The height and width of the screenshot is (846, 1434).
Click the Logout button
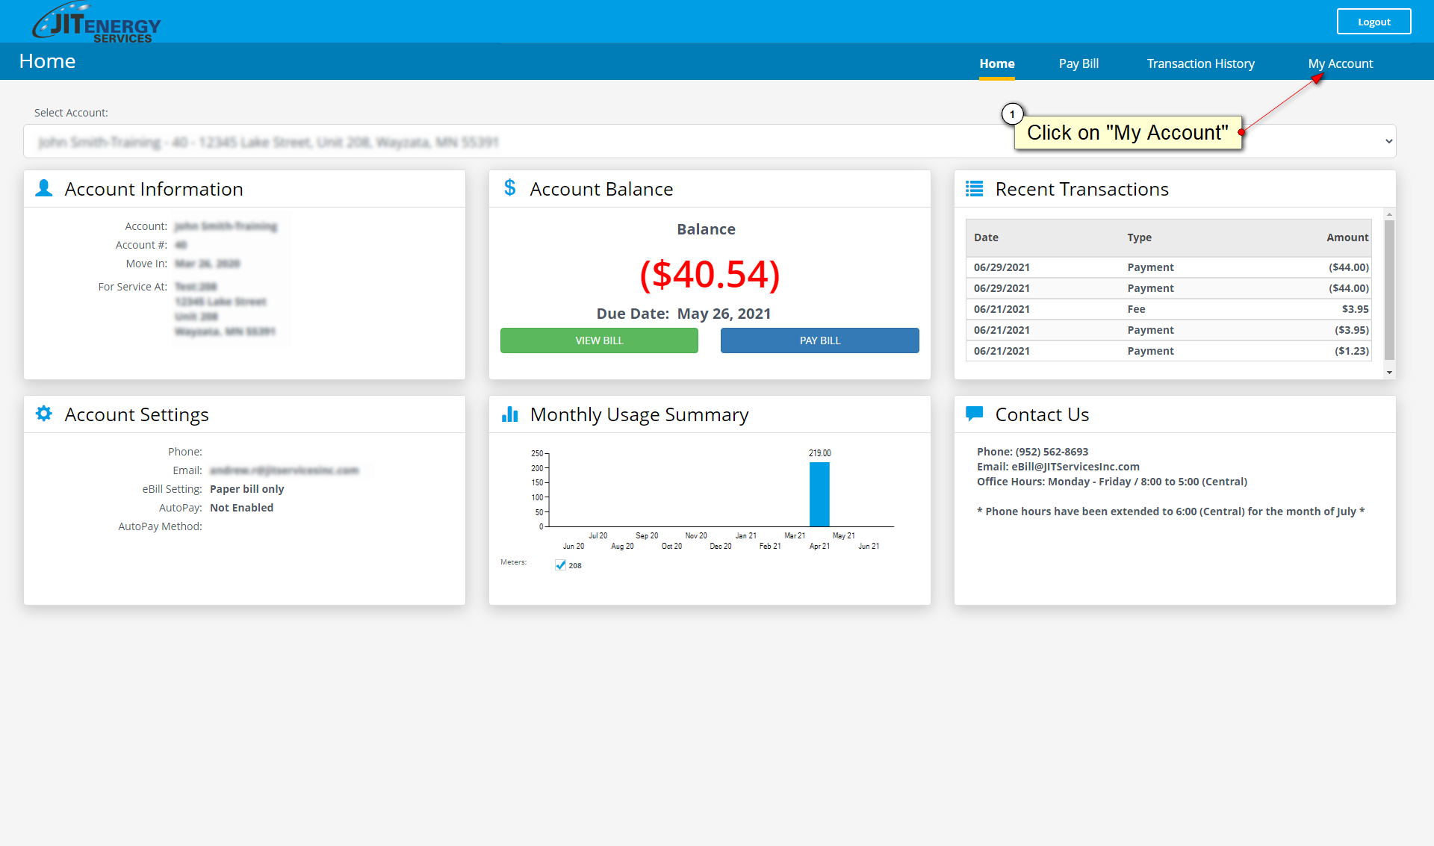click(1374, 22)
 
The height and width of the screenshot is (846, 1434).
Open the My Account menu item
click(1340, 63)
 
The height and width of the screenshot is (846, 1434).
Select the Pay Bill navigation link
click(1078, 63)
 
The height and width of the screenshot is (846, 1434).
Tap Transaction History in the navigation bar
click(1200, 63)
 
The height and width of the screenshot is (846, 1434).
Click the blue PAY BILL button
click(819, 340)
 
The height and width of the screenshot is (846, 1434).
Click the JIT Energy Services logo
click(96, 23)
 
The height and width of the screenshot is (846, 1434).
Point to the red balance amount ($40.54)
click(710, 274)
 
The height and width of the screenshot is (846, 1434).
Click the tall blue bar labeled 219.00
click(819, 494)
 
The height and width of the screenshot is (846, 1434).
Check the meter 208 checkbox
click(561, 565)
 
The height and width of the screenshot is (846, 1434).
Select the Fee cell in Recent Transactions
click(1136, 309)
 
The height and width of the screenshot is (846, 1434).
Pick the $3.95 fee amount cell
click(1355, 309)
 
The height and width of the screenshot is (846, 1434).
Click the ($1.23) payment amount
click(1352, 351)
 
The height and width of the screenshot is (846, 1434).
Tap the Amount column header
click(1347, 237)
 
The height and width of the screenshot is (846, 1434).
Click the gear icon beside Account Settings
click(44, 414)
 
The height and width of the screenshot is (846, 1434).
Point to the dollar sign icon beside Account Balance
click(510, 188)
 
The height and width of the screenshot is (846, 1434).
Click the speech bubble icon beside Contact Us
click(974, 414)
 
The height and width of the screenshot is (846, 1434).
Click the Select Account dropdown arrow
click(1388, 141)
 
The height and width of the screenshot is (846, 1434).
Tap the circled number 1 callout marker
click(1012, 114)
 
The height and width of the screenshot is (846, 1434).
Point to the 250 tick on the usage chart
click(538, 453)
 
